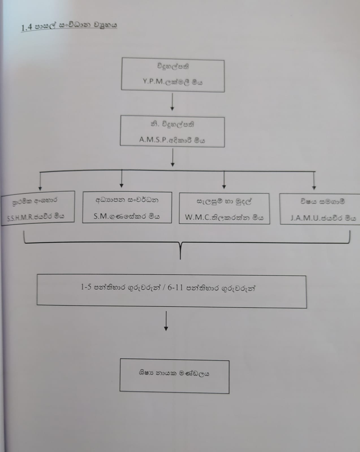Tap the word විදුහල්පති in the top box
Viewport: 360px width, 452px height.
click(173, 67)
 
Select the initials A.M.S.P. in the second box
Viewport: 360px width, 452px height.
click(153, 140)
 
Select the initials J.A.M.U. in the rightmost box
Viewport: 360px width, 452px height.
click(304, 218)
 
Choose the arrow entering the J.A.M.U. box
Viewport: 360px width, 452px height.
click(314, 181)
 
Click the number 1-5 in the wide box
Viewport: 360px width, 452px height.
click(86, 287)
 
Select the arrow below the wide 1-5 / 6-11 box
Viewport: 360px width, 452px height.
click(166, 321)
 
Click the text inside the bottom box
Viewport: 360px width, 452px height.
click(174, 373)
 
